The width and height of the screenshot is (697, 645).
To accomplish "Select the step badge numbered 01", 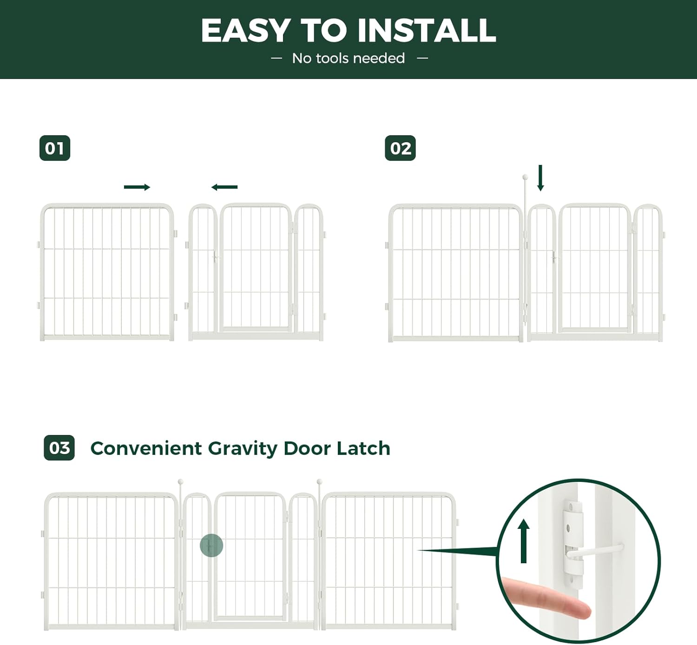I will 55,148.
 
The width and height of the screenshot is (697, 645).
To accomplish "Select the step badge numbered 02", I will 400,148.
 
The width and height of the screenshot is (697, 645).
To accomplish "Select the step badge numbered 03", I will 59,448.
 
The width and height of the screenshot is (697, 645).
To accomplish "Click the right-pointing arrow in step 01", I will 137,187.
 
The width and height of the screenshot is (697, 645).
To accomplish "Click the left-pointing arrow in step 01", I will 224,187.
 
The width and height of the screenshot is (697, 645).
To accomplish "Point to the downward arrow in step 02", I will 540,178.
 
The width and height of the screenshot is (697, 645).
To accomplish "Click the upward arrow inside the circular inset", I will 524,541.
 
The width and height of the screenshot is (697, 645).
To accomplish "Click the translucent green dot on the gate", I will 211,546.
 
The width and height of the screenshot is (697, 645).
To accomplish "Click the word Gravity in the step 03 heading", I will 243,449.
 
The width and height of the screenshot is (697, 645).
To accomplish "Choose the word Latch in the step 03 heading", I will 363,448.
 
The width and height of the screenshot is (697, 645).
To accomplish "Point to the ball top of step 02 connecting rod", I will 525,177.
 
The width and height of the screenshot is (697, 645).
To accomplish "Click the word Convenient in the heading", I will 146,448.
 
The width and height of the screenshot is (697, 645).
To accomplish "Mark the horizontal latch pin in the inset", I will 597,550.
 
